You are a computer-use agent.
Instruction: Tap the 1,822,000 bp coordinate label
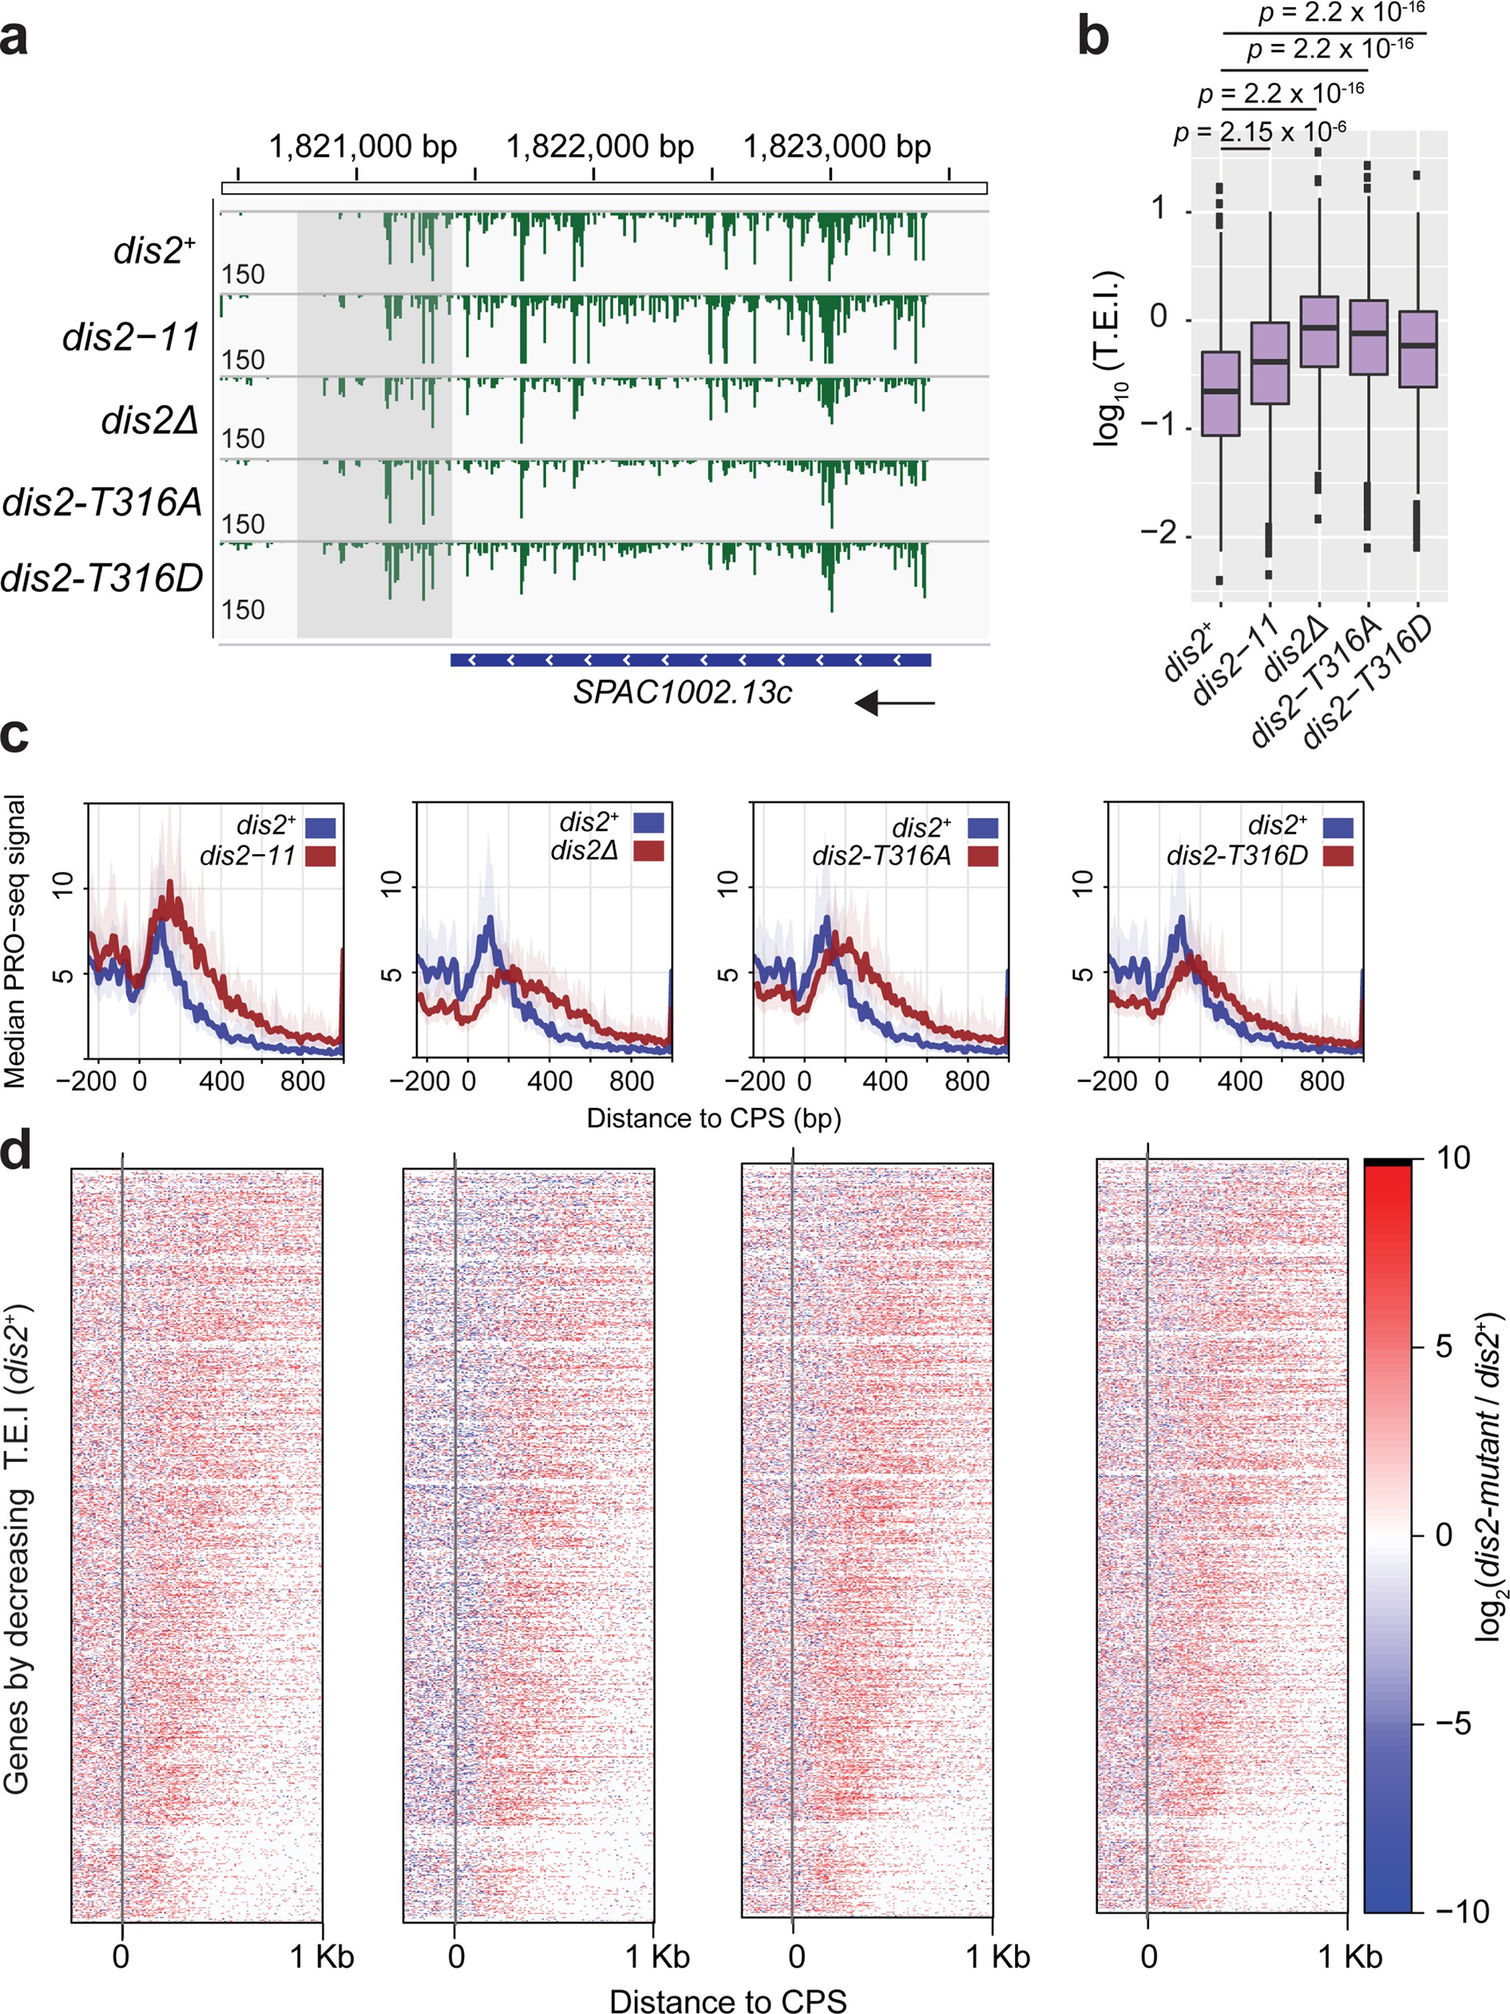(600, 146)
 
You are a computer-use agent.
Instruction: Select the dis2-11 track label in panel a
(131, 338)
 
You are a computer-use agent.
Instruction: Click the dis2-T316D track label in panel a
(102, 578)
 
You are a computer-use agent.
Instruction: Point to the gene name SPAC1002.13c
(682, 692)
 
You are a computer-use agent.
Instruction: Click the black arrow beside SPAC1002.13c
(894, 702)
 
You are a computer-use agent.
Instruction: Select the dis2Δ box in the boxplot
(1318, 332)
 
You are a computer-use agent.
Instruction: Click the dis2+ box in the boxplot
(1221, 393)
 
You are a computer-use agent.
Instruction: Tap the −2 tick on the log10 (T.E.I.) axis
(1159, 534)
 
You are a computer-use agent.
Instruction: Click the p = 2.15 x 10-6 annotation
(1260, 133)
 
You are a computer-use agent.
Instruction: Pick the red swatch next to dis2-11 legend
(320, 856)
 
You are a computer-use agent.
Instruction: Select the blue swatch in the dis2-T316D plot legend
(1337, 828)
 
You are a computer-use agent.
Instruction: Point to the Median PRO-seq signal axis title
(15, 941)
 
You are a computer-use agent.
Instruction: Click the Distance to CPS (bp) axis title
(714, 1118)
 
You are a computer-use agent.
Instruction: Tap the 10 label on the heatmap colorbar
(1453, 1158)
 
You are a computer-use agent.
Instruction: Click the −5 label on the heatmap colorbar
(1453, 1722)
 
